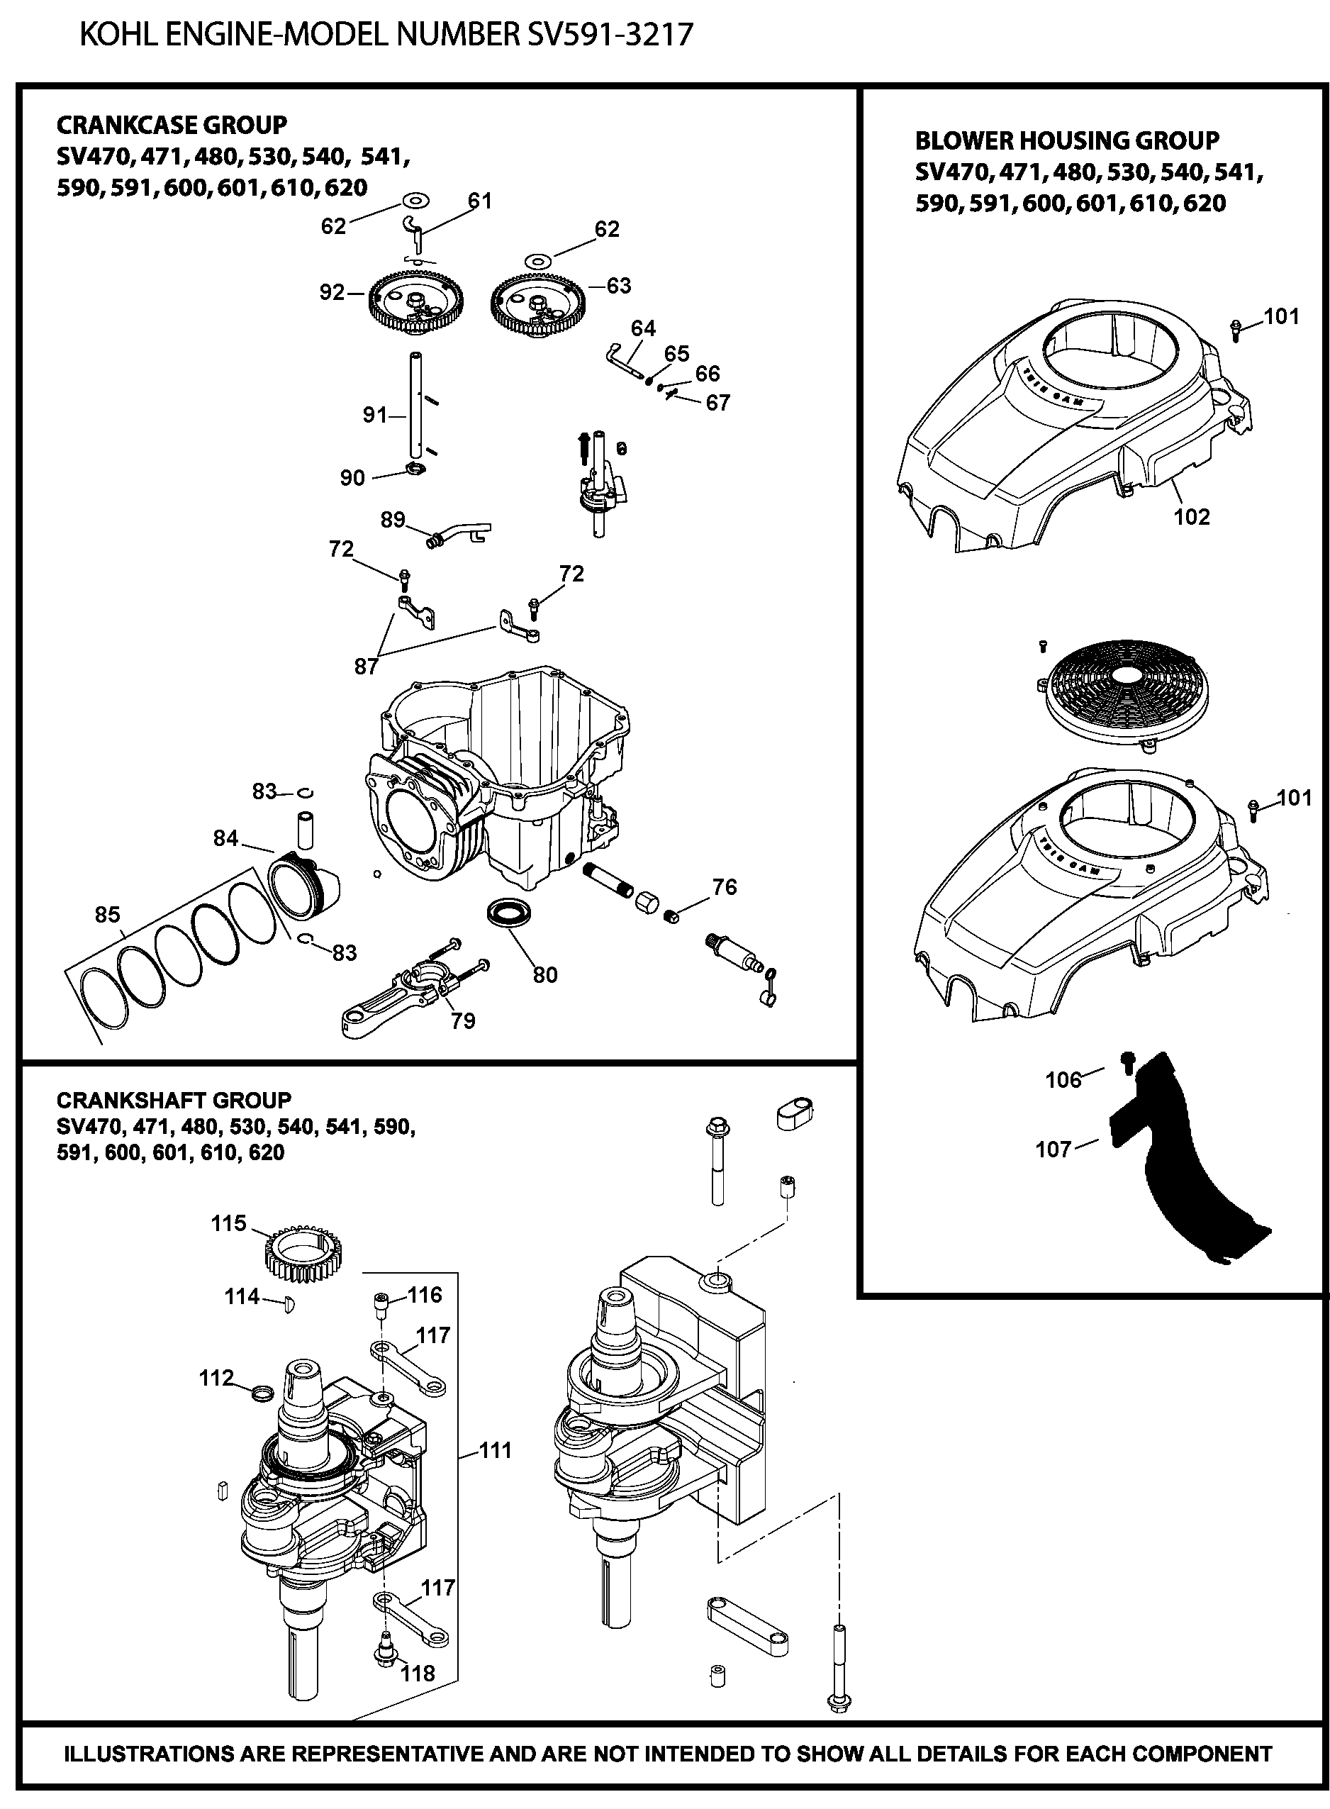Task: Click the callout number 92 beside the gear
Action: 332,292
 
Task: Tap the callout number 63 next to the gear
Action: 618,286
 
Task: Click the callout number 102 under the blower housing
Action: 1192,517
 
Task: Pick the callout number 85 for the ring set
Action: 107,915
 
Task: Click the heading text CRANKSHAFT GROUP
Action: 174,1101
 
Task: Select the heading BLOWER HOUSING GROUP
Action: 1067,141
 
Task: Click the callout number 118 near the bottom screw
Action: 417,1674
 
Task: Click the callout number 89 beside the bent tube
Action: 392,520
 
